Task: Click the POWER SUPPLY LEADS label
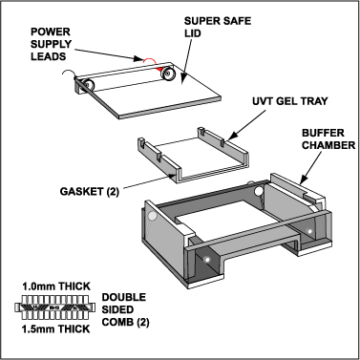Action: pyautogui.click(x=51, y=44)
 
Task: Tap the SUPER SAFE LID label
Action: pyautogui.click(x=218, y=27)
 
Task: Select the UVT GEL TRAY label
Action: pyautogui.click(x=290, y=101)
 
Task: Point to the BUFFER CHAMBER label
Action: pyautogui.click(x=328, y=138)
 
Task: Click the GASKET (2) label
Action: pyautogui.click(x=90, y=191)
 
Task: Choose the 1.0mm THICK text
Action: pyautogui.click(x=56, y=286)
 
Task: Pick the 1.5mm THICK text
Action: pyautogui.click(x=56, y=328)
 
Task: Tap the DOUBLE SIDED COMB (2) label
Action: pyautogui.click(x=125, y=309)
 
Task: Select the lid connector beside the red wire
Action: pyautogui.click(x=168, y=74)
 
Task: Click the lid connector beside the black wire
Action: pyautogui.click(x=87, y=85)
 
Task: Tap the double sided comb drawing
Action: pyautogui.click(x=55, y=307)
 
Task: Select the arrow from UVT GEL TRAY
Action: pyautogui.click(x=246, y=125)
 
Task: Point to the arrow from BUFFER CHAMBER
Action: pyautogui.click(x=311, y=167)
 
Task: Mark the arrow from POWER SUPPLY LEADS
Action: pyautogui.click(x=108, y=54)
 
